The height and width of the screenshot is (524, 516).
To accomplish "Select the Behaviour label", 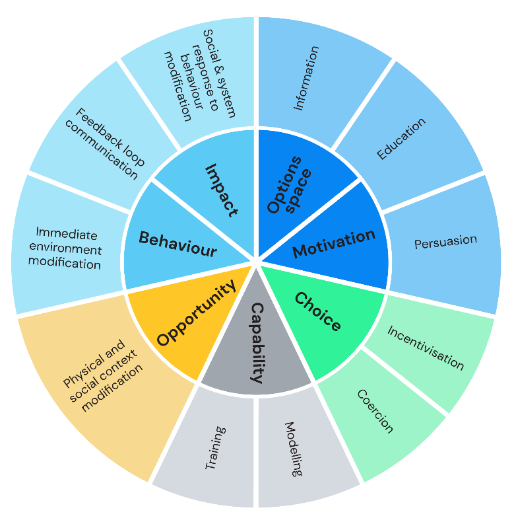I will (x=177, y=244).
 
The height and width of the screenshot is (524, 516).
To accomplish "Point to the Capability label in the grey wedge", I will (x=257, y=342).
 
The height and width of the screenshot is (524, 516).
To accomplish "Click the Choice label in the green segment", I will (x=317, y=312).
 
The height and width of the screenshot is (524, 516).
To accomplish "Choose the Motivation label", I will (x=334, y=243).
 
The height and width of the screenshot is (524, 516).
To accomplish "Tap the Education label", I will (x=401, y=138).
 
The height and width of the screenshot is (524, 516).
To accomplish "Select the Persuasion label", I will (x=445, y=241).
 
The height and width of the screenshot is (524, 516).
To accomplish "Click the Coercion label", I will (x=375, y=410).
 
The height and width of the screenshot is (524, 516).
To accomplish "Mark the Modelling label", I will (x=294, y=449).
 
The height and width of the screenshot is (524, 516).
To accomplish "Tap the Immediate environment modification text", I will (x=69, y=249).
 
